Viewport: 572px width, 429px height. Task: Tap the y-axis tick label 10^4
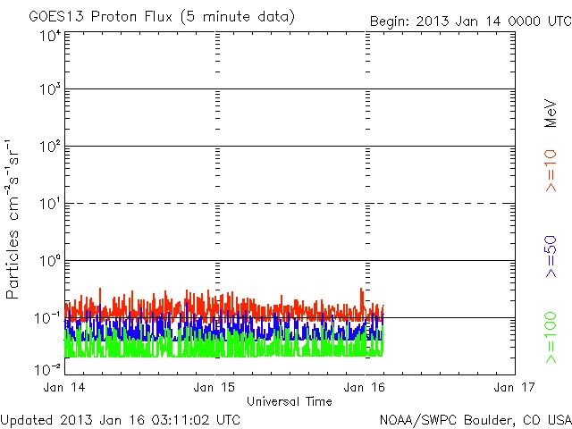pyautogui.click(x=50, y=36)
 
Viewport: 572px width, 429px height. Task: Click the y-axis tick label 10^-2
pyautogui.click(x=48, y=368)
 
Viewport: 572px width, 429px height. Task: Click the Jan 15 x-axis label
pyautogui.click(x=217, y=387)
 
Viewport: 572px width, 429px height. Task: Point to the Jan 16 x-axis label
pyautogui.click(x=366, y=387)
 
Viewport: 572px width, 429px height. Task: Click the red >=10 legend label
pyautogui.click(x=551, y=171)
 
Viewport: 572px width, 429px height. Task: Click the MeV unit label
pyautogui.click(x=551, y=113)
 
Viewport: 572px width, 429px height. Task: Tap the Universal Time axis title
pyautogui.click(x=290, y=401)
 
